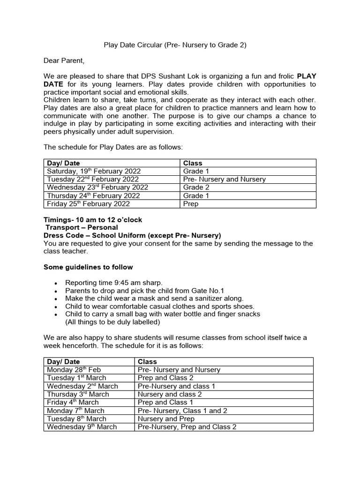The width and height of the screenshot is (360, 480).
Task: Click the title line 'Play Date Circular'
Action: (x=174, y=45)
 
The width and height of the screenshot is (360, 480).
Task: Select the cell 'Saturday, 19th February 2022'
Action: (x=94, y=171)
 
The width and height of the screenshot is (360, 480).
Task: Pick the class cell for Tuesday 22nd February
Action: (x=224, y=179)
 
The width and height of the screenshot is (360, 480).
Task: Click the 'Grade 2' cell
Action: (x=193, y=187)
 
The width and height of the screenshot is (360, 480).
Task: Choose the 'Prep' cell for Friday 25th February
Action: (x=191, y=204)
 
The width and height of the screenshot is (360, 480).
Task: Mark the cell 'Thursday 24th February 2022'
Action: (x=93, y=195)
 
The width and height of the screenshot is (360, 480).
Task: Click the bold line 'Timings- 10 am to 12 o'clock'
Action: (x=93, y=220)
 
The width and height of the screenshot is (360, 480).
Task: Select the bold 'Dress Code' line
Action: (x=132, y=235)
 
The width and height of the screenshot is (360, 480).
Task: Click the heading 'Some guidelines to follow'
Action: (x=88, y=267)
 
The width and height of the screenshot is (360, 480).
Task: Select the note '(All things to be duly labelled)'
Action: (x=112, y=322)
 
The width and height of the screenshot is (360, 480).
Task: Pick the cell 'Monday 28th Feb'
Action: (x=74, y=370)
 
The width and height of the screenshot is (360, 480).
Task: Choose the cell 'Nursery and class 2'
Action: (x=170, y=394)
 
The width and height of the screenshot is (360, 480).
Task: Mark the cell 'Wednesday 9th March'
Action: (x=82, y=427)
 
